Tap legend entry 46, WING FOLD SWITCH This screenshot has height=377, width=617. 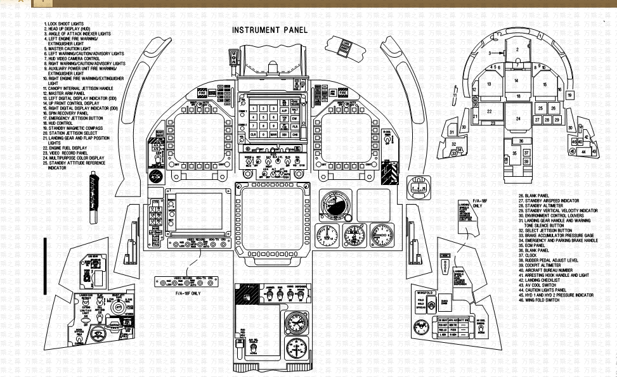(x=549, y=300)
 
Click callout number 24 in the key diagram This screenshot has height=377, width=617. (x=518, y=118)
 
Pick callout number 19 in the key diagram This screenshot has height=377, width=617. (x=569, y=95)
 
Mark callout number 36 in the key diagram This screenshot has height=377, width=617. (x=521, y=141)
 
